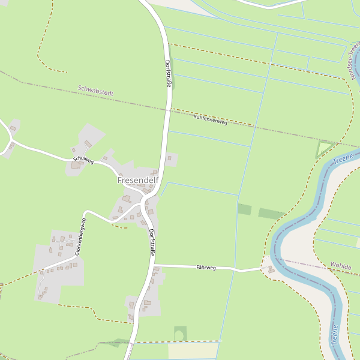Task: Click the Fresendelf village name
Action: coord(137,179)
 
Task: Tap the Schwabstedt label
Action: coord(95,91)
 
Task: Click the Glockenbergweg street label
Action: coord(80,237)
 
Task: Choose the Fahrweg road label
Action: coord(206,267)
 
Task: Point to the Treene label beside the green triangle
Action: coord(344,160)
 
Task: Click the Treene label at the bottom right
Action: coord(335,337)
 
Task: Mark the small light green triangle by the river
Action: coord(323,148)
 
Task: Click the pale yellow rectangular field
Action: coord(193,350)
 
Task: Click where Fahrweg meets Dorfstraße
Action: coord(154,265)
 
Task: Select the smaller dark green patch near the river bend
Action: coord(244,209)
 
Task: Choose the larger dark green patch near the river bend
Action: coord(272,214)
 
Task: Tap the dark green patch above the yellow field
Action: coord(179,334)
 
